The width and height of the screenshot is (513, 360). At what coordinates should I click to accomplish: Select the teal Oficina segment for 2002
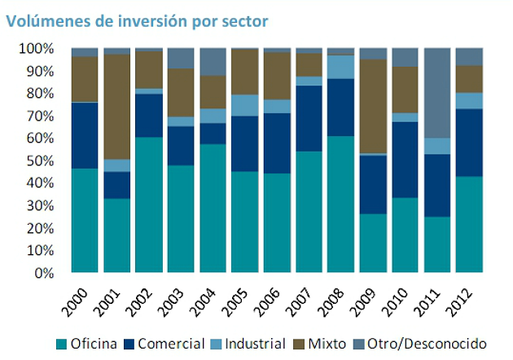(148, 204)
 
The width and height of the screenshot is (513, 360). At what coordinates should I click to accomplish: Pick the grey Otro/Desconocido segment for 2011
(436, 93)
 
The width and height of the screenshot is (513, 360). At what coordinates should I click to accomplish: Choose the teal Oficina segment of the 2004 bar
(212, 209)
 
